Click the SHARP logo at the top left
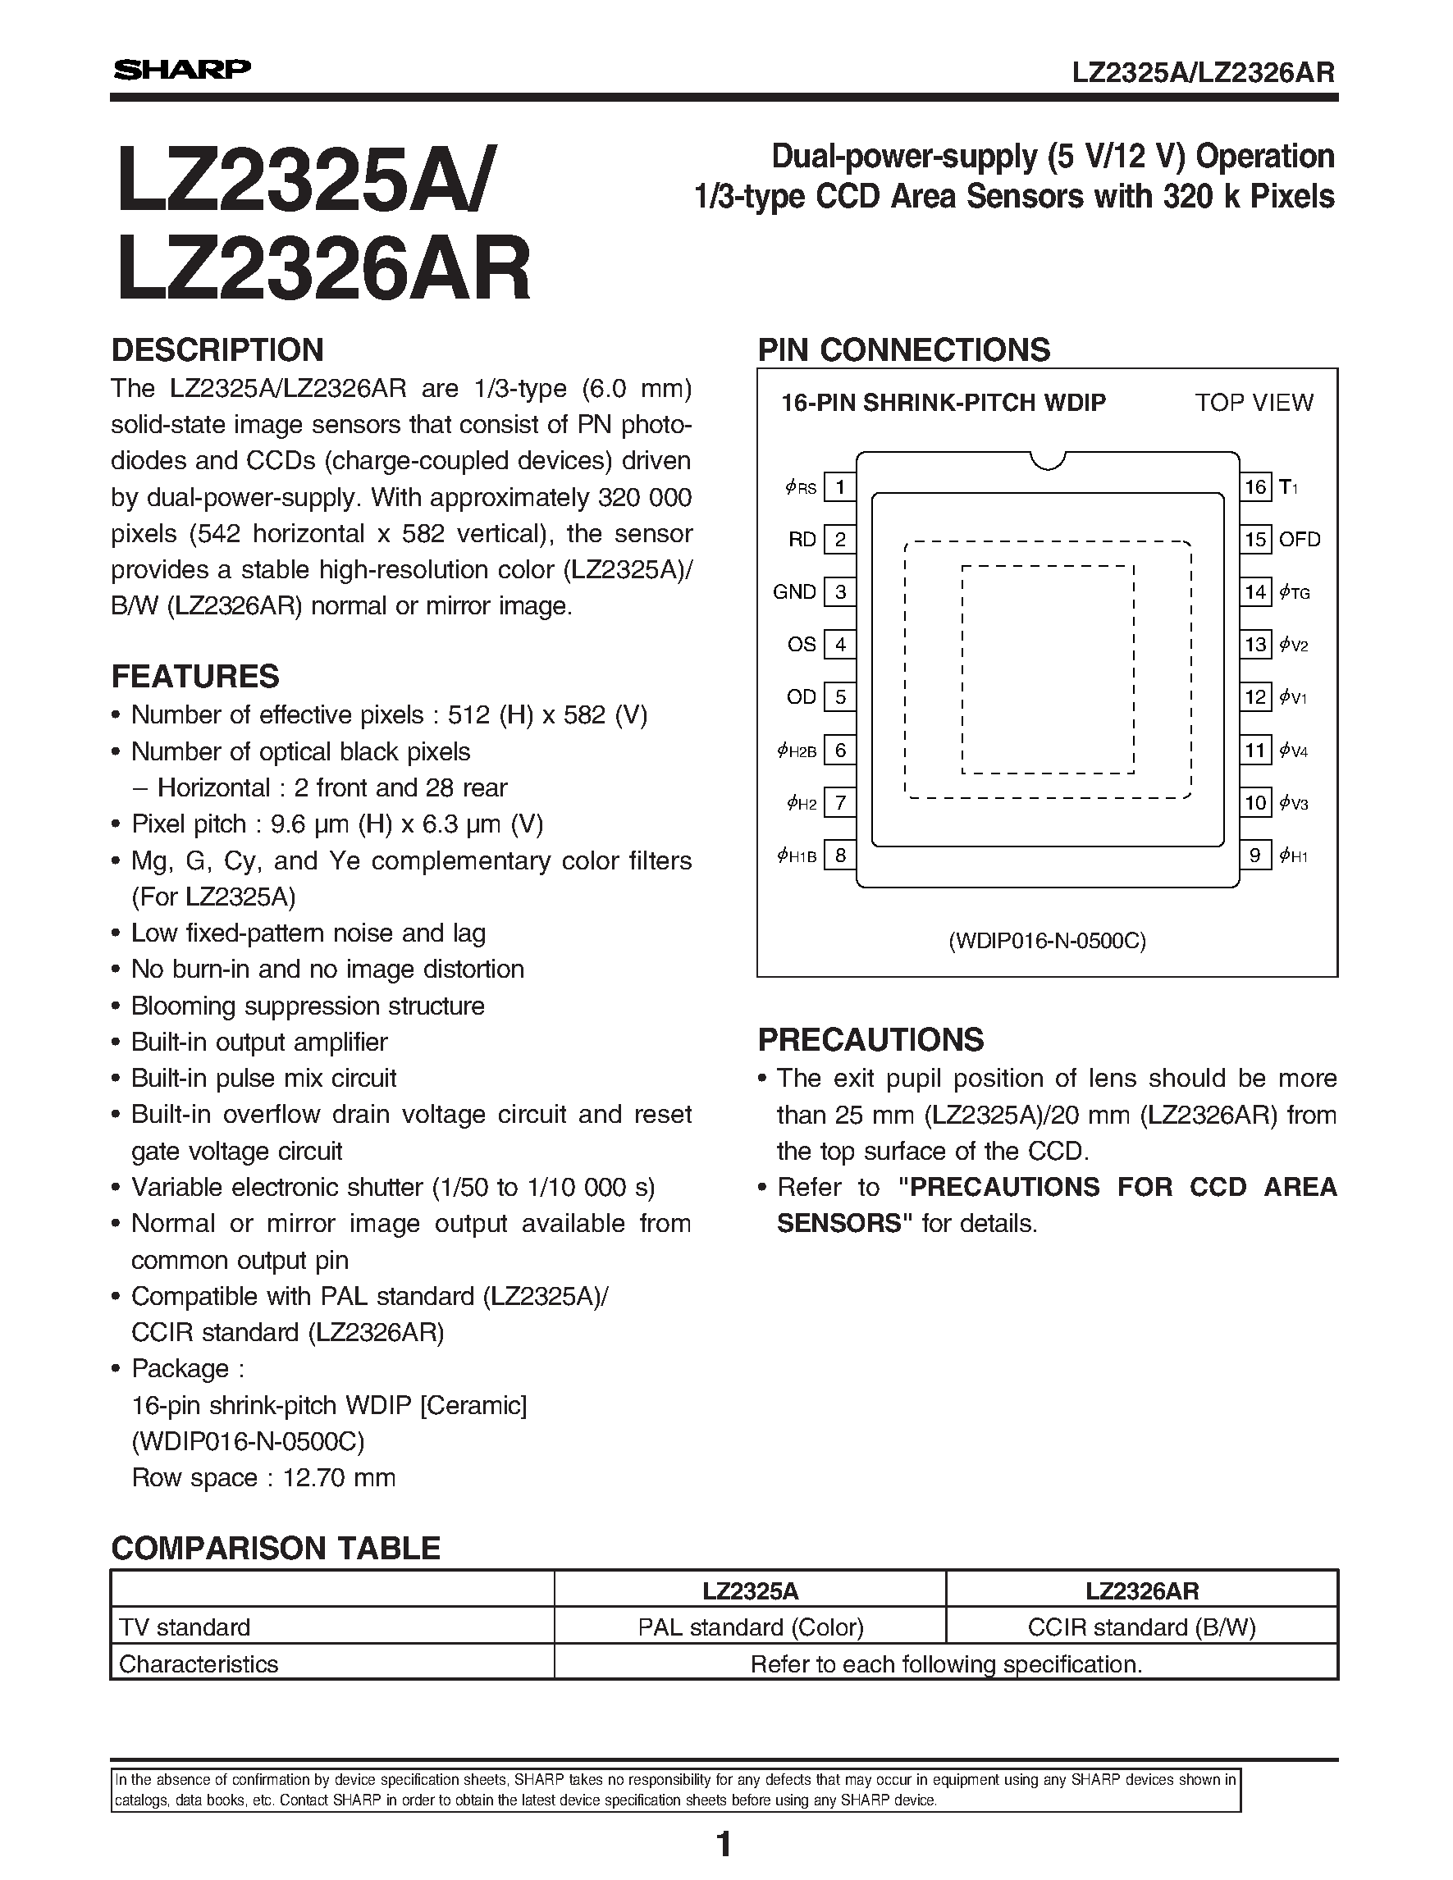click(x=181, y=70)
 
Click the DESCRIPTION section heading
click(x=217, y=350)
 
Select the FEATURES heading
click(x=194, y=677)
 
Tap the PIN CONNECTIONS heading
click(x=903, y=350)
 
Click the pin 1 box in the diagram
click(x=839, y=487)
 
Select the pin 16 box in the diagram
click(x=1255, y=487)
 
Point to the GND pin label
click(x=793, y=592)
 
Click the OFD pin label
click(x=1299, y=540)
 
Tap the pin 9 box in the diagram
click(x=1255, y=855)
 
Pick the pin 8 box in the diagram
click(x=839, y=855)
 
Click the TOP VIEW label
click(x=1254, y=403)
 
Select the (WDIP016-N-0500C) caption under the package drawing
click(x=1047, y=941)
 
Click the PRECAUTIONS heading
click(x=870, y=1040)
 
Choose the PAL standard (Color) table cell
click(x=750, y=1627)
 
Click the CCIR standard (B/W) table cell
click(x=1141, y=1627)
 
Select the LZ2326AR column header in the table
click(x=1141, y=1590)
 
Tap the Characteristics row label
click(x=198, y=1664)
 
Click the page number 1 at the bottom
click(x=724, y=1845)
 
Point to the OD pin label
click(x=801, y=697)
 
